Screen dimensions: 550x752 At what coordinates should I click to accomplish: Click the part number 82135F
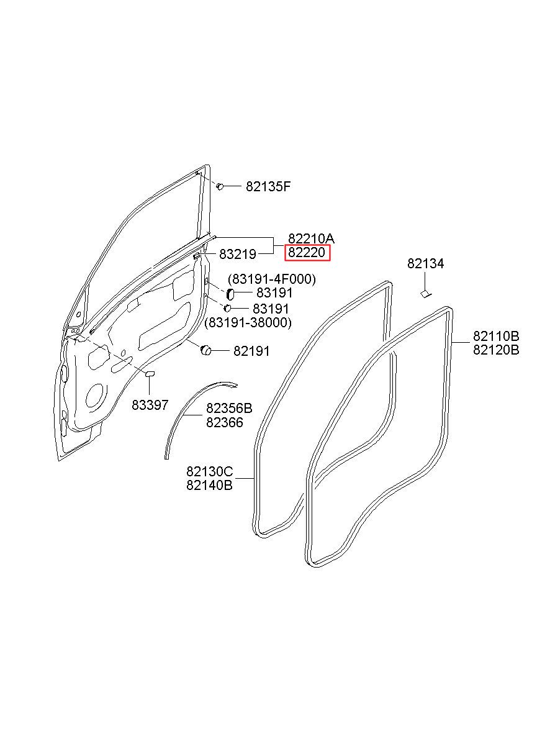point(268,186)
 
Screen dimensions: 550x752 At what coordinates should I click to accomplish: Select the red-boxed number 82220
point(307,253)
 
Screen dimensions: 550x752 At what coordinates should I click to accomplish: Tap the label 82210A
point(311,238)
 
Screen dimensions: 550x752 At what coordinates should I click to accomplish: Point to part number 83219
point(238,255)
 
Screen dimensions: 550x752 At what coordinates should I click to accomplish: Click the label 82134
point(425,264)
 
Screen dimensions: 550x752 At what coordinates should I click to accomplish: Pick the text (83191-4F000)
point(272,279)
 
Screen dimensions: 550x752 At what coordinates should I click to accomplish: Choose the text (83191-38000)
point(248,323)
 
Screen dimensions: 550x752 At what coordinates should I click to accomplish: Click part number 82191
point(251,351)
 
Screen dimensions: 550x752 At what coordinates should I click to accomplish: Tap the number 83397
point(150,405)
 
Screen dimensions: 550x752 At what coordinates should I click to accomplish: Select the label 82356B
point(229,409)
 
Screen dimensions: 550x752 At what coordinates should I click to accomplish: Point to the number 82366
point(225,423)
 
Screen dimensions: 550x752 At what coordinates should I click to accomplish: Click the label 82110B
point(496,336)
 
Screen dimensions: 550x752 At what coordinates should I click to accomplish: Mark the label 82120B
point(496,350)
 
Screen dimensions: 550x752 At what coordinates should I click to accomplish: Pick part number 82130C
point(209,472)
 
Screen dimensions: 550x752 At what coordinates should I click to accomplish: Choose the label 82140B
point(209,486)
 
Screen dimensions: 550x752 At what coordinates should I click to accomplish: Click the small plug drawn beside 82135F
point(220,186)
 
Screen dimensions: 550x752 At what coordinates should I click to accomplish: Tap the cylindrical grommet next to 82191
point(205,350)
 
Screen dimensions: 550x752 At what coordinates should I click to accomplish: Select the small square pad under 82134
point(425,294)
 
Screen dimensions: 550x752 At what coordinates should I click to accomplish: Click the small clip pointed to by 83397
point(150,374)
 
